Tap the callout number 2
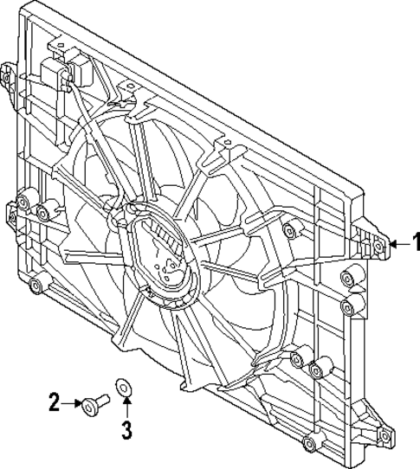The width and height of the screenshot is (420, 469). pos(55,402)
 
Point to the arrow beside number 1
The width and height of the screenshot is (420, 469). pos(398,244)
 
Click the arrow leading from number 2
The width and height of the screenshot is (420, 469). pos(71,402)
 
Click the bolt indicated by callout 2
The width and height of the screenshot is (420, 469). pos(93,402)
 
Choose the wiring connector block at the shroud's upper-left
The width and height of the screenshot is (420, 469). pos(62,69)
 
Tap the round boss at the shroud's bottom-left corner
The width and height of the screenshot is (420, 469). pos(35,286)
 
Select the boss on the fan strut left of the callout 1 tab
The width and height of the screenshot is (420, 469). pos(289,228)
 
